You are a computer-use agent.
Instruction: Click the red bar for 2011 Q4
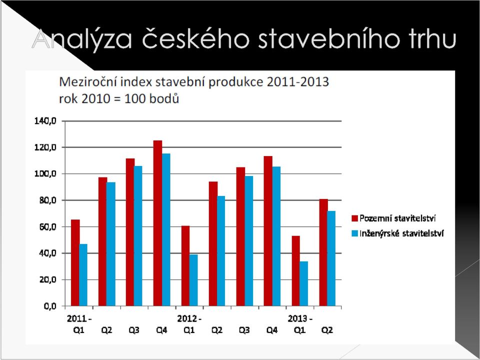tap(157, 223)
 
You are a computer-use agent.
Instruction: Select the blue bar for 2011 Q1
tap(83, 275)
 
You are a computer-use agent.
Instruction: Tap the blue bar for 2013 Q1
tap(303, 284)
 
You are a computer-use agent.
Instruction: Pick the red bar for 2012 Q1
tap(185, 266)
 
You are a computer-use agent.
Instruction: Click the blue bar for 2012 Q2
tap(221, 251)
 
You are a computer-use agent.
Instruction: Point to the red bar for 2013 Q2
tap(323, 252)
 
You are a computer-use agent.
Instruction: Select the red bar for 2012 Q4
tap(268, 231)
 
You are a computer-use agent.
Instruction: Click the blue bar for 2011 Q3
tap(138, 236)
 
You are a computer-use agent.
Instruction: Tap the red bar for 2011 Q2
tap(102, 241)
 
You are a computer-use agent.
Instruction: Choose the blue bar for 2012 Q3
tap(248, 241)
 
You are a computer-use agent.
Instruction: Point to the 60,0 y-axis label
tap(48, 227)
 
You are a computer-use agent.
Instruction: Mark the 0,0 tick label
tap(50, 306)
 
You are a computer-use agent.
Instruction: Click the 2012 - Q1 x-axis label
tap(189, 324)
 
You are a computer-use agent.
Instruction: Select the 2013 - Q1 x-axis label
tap(299, 324)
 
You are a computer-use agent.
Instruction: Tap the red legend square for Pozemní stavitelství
tap(355, 218)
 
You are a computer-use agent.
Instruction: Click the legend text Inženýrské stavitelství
tap(401, 233)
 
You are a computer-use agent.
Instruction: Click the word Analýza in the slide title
tap(81, 39)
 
